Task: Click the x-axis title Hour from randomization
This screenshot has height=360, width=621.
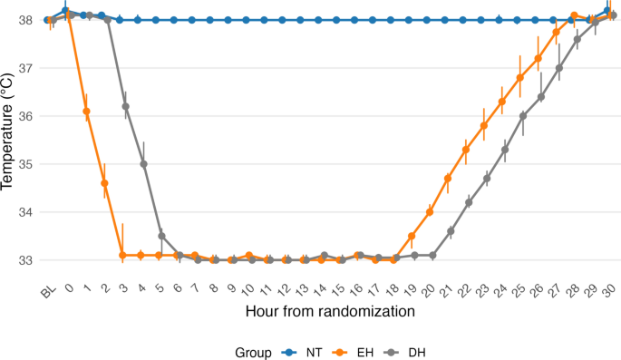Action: click(x=331, y=311)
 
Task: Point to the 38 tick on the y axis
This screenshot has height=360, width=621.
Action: click(x=29, y=20)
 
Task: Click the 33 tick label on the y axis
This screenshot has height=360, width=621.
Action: click(x=29, y=260)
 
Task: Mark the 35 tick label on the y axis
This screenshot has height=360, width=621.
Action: click(x=29, y=164)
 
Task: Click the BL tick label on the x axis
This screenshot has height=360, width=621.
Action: click(x=47, y=289)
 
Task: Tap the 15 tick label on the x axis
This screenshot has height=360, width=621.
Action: click(x=338, y=288)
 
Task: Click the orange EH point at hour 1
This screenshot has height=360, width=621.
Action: click(x=87, y=112)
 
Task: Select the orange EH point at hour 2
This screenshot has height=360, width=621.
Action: click(x=105, y=183)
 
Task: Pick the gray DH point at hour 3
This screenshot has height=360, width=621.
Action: click(x=125, y=106)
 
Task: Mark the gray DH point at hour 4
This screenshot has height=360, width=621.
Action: click(x=143, y=164)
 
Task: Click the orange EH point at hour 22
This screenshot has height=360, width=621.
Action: click(x=466, y=150)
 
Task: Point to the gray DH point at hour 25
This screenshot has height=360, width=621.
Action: click(x=523, y=116)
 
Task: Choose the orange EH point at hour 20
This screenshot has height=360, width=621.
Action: click(x=430, y=212)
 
